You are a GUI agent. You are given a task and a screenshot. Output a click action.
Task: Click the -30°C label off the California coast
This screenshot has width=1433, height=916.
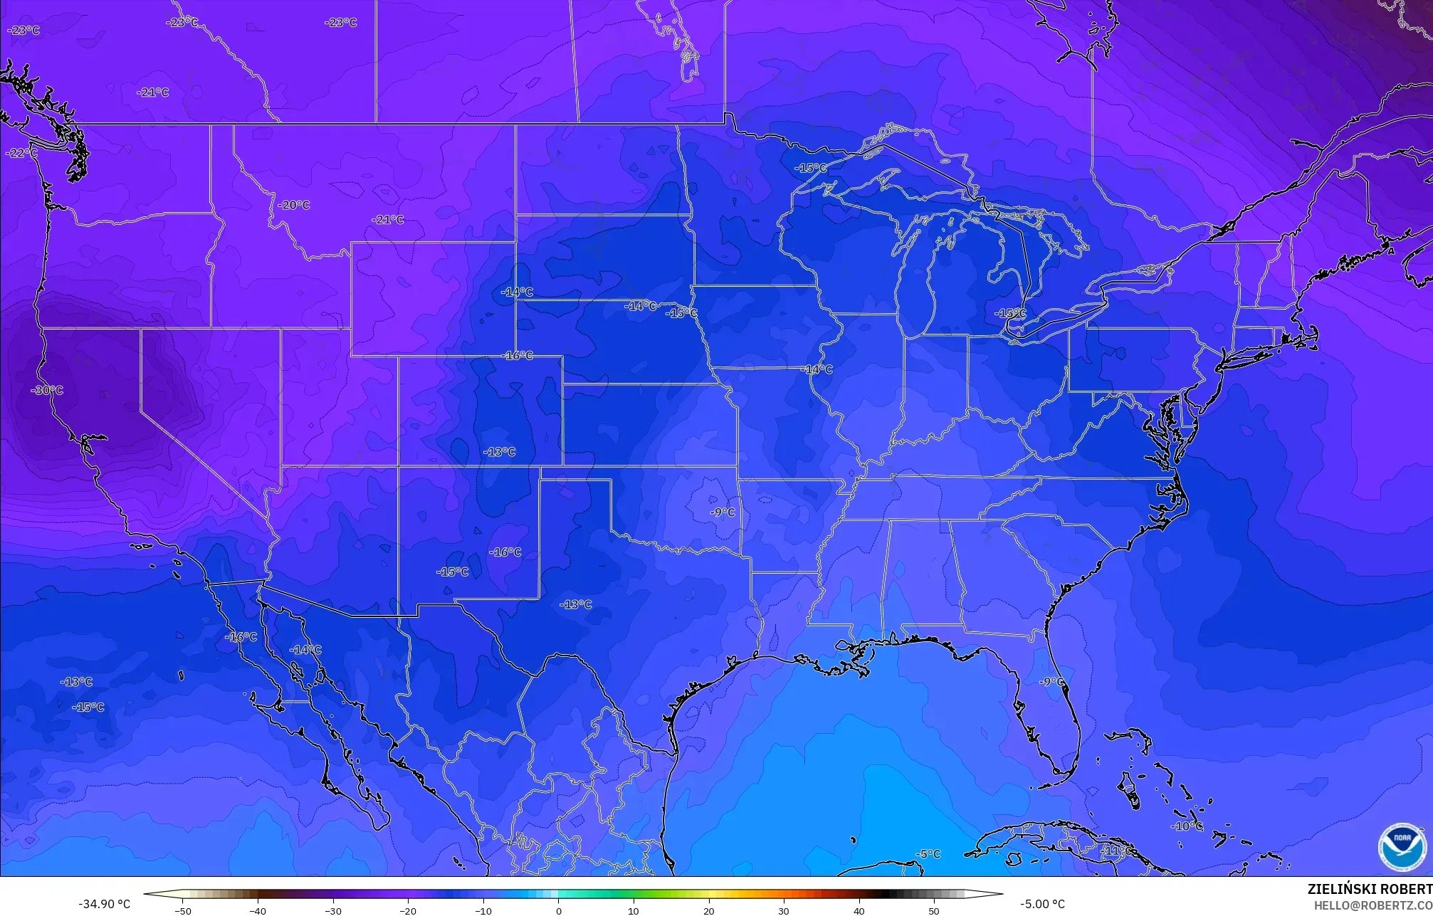click(47, 390)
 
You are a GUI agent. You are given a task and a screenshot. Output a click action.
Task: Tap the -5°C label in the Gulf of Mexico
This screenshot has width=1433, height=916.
click(928, 854)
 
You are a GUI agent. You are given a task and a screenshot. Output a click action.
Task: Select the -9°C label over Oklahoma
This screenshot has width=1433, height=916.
click(723, 512)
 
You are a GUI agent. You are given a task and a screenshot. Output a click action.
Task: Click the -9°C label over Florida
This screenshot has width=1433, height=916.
click(1052, 681)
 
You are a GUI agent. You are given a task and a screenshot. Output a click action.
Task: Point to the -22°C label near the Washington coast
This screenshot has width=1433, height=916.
click(21, 153)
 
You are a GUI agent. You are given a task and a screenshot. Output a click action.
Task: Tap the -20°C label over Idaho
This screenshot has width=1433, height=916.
click(293, 205)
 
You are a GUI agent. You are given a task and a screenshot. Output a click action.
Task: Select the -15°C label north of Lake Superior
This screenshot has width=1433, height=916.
click(811, 168)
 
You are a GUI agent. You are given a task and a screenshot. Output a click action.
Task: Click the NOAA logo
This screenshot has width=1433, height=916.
click(1402, 847)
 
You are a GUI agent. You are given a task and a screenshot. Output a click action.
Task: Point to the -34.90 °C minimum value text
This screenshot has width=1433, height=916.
click(104, 904)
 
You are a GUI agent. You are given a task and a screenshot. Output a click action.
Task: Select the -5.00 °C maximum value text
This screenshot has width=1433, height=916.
click(1042, 904)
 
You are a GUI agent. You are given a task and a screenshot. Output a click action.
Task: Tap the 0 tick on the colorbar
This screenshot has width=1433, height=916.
click(558, 911)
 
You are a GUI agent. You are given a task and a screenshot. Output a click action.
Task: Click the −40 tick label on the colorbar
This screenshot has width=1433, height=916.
click(258, 911)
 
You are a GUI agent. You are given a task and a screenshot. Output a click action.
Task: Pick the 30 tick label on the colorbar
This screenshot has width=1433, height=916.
click(784, 911)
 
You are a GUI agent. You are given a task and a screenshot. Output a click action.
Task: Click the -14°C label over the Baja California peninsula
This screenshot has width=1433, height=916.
click(305, 650)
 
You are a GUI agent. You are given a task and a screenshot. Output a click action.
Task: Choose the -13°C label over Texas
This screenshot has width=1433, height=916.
click(576, 604)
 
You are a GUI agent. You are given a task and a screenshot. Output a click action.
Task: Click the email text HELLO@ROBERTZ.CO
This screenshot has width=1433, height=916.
click(1372, 905)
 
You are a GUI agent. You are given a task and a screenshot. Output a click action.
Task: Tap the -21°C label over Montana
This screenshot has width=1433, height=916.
click(388, 219)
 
